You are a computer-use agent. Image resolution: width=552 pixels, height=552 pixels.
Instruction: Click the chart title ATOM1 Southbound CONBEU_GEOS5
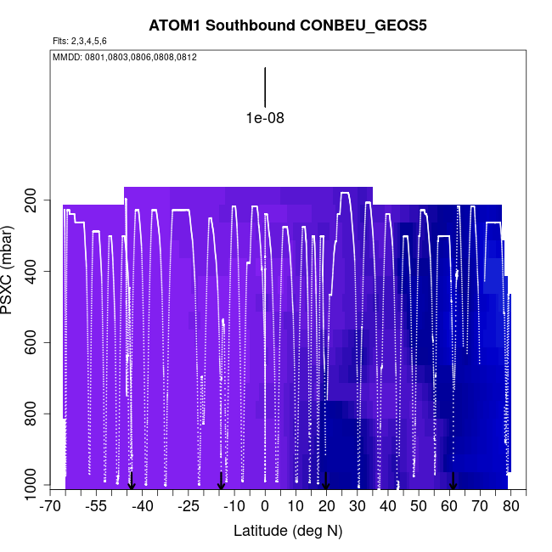pos(287,25)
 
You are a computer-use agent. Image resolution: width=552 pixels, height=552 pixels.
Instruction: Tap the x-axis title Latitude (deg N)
pos(287,531)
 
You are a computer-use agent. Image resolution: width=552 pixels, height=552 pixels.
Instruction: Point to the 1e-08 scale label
pos(265,118)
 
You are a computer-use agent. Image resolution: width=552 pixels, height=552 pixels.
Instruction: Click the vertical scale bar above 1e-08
pos(265,87)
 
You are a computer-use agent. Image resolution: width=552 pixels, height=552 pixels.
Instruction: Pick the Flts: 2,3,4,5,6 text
pos(80,41)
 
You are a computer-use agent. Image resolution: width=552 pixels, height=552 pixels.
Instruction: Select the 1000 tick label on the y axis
pos(31,486)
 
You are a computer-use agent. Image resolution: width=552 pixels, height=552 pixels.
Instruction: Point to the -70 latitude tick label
pos(52,507)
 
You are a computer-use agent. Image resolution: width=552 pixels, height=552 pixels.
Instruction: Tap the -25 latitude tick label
pos(189,507)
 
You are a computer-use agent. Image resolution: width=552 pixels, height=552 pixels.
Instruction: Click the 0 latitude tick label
pos(265,507)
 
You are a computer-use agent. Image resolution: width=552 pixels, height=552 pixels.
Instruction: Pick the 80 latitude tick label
pos(510,507)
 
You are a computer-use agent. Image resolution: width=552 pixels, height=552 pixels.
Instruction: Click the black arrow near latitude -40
pos(132,481)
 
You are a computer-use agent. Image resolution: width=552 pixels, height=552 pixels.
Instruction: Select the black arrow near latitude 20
pos(326,481)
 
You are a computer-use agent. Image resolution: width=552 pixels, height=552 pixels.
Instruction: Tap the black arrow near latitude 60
pos(453,481)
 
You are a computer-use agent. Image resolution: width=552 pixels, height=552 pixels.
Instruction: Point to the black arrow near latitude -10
pos(221,481)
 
